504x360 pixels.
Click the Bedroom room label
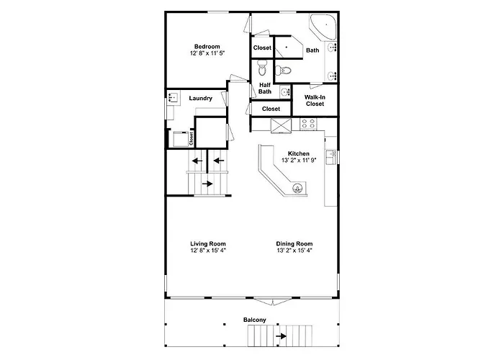point(207,47)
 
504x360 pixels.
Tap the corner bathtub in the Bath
point(323,27)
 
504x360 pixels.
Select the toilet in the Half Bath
point(262,68)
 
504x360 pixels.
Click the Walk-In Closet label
point(315,100)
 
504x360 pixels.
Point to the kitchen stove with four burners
point(308,124)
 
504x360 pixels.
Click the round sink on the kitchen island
point(297,188)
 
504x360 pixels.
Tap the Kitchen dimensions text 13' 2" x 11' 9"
point(299,160)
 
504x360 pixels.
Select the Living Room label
point(208,243)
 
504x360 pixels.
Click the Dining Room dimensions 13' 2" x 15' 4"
point(294,251)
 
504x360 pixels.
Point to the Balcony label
point(255,320)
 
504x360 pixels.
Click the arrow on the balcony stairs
point(282,336)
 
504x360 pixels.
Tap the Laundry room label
point(201,99)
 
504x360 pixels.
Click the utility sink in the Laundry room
point(172,96)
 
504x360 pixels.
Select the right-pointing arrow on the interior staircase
point(207,184)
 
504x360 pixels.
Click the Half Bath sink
point(284,92)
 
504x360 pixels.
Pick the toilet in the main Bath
point(283,70)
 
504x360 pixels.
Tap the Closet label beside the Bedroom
point(262,48)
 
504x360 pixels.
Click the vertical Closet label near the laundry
point(191,138)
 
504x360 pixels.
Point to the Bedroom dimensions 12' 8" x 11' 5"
point(207,53)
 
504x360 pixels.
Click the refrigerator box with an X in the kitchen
point(281,125)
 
